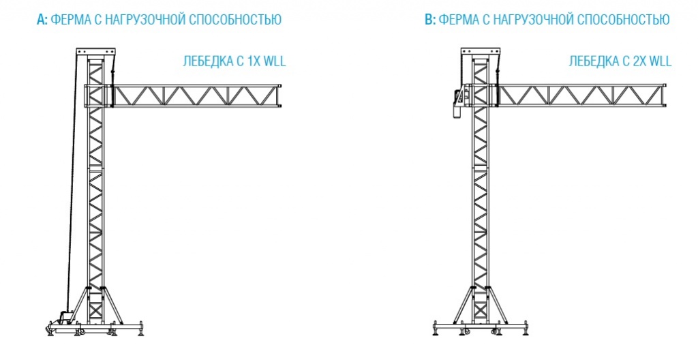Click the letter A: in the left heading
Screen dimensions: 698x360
[42, 20]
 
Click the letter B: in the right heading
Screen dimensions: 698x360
[430, 20]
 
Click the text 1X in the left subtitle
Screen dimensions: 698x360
[253, 61]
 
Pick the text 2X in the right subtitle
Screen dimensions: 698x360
[639, 61]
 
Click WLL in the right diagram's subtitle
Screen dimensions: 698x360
[661, 61]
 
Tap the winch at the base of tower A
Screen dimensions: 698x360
[65, 317]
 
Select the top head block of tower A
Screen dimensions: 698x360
[95, 53]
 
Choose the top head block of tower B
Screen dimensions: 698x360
[481, 53]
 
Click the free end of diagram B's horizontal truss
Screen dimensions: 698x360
[665, 95]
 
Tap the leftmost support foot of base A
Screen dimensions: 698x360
[51, 330]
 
